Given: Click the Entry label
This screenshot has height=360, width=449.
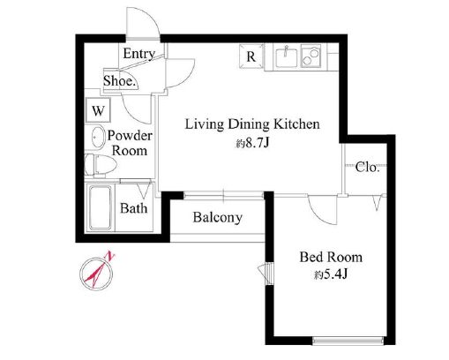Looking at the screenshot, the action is click(139, 54).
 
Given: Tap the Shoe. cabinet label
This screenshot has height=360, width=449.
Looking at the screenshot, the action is click(120, 80).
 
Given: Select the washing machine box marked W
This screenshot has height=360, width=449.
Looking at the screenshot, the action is click(98, 110).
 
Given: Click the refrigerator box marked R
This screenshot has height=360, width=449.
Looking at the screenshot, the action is click(251, 56).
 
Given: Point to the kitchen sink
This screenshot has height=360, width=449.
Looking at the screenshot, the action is click(286, 57).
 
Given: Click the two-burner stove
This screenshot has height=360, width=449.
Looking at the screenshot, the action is click(311, 56).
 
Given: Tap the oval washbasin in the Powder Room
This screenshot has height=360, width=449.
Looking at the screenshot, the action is click(98, 137).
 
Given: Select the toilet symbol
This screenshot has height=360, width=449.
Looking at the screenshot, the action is click(100, 166).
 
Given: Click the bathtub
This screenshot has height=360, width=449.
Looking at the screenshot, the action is click(100, 207).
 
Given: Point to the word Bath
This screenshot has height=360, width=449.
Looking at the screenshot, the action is click(134, 208).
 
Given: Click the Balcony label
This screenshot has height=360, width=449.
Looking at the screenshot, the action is click(218, 218).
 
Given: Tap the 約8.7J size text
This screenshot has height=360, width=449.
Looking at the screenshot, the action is click(252, 143).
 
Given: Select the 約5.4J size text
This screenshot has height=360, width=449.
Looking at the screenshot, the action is click(331, 274).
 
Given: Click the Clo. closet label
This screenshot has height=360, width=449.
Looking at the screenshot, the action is click(367, 167).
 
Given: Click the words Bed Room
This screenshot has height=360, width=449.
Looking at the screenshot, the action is click(331, 257).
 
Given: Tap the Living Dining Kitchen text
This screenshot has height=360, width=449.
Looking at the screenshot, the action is click(252, 124).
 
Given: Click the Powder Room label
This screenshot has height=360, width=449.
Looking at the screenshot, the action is click(130, 143).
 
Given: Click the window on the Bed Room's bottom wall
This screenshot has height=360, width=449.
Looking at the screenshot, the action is click(348, 341).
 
